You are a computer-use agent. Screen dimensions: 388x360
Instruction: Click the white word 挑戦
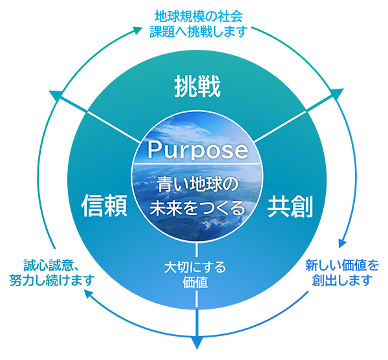pyautogui.click(x=197, y=87)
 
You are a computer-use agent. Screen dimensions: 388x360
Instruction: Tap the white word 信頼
pyautogui.click(x=104, y=206)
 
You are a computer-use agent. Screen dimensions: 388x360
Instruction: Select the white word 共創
pyautogui.click(x=290, y=206)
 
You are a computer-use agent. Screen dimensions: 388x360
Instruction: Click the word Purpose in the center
pyautogui.click(x=198, y=150)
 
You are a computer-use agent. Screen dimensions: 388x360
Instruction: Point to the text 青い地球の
pyautogui.click(x=198, y=185)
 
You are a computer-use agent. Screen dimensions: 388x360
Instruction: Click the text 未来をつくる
pyautogui.click(x=197, y=208)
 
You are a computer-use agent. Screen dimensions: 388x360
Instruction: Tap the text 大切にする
pyautogui.click(x=195, y=267)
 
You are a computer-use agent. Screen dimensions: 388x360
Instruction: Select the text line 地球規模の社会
pyautogui.click(x=199, y=16)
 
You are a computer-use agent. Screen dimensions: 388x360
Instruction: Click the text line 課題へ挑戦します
pyautogui.click(x=199, y=32)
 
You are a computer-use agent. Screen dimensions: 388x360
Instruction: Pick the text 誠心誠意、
pyautogui.click(x=51, y=265)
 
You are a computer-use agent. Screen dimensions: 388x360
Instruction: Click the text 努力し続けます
pyautogui.click(x=52, y=280)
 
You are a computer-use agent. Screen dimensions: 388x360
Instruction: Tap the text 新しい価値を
pyautogui.click(x=342, y=265)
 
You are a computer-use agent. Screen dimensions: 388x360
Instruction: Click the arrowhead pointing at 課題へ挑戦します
pyautogui.click(x=138, y=30)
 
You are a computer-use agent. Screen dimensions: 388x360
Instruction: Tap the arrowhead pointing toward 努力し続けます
pyautogui.click(x=87, y=293)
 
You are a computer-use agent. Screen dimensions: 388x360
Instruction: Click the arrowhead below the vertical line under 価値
pyautogui.click(x=197, y=343)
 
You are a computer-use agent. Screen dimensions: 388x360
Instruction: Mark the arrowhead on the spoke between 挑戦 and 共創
pyautogui.click(x=338, y=92)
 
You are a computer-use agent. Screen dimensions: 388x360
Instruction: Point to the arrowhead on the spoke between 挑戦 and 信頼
pyautogui.click(x=55, y=95)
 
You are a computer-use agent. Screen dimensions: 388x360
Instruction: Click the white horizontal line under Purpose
pyautogui.click(x=197, y=164)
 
